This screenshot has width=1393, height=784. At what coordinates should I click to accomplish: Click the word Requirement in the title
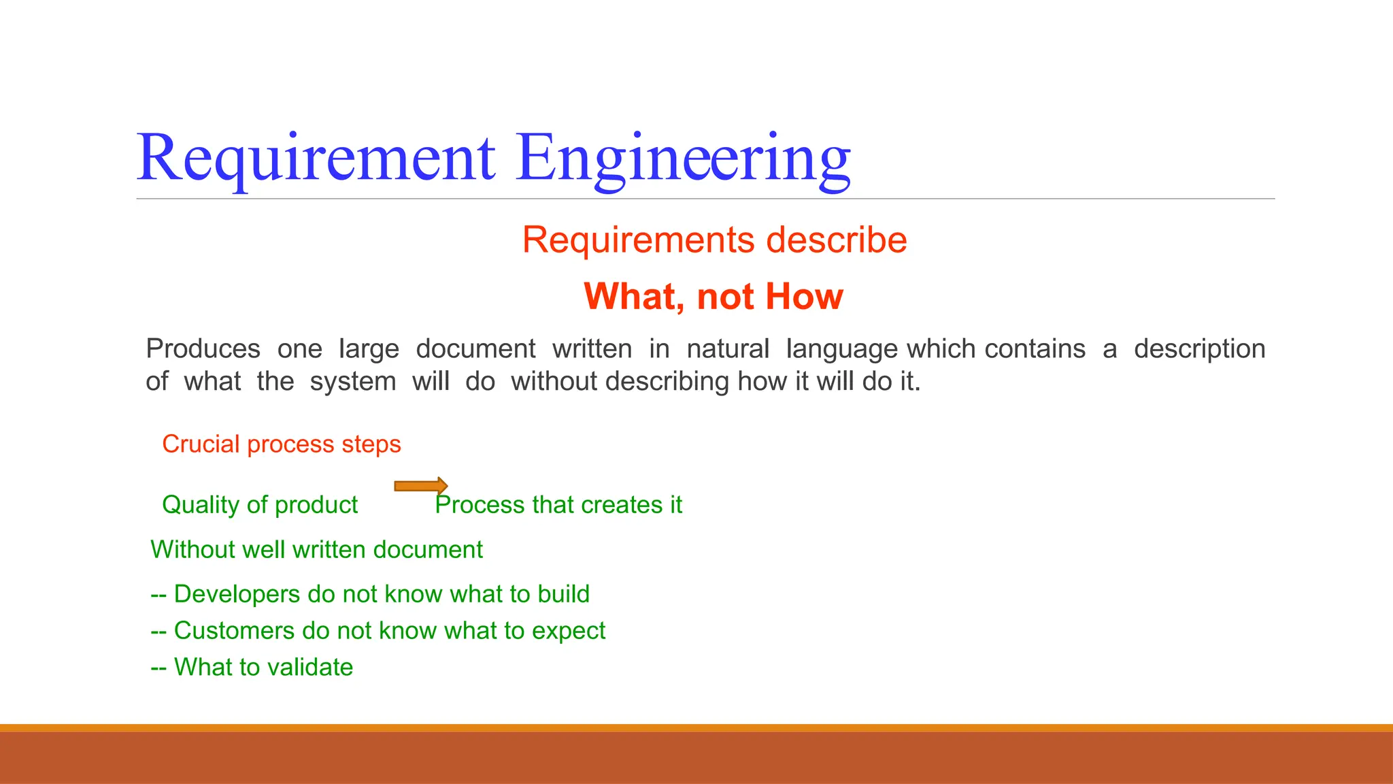pos(316,159)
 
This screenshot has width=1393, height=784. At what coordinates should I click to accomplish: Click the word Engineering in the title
pos(683,159)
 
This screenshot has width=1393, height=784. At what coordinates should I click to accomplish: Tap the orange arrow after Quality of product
pos(421,485)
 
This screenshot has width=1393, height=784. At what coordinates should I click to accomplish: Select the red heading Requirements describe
pos(714,240)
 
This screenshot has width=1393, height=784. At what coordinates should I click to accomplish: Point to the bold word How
pos(804,297)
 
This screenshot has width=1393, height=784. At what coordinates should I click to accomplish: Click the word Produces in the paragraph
pos(203,349)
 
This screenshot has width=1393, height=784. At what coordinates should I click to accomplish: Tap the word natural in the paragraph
pos(727,349)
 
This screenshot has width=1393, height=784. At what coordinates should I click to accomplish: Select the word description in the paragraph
pos(1199,349)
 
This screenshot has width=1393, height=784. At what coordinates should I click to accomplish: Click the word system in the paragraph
pos(352,382)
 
